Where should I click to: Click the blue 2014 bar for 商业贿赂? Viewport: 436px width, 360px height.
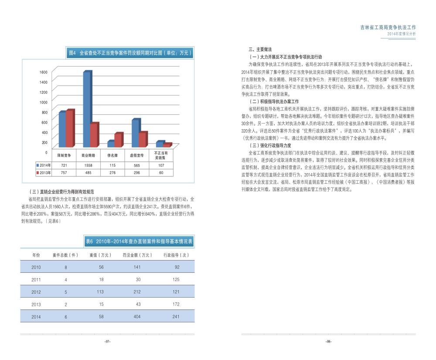click(86, 109)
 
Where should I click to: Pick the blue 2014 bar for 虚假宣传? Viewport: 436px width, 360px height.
click(136, 133)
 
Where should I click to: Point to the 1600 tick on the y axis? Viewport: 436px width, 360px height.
click(44, 72)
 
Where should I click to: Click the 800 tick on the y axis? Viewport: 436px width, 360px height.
click(44, 112)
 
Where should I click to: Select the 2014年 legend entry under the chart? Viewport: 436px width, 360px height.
click(44, 165)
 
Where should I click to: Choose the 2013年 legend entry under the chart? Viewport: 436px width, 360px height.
click(44, 173)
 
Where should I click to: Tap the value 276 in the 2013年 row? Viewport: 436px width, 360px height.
click(112, 173)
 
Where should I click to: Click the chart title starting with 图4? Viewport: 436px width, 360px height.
click(130, 53)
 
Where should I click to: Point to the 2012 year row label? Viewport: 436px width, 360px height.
click(36, 292)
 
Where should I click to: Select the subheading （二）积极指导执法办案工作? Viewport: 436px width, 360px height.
click(274, 101)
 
